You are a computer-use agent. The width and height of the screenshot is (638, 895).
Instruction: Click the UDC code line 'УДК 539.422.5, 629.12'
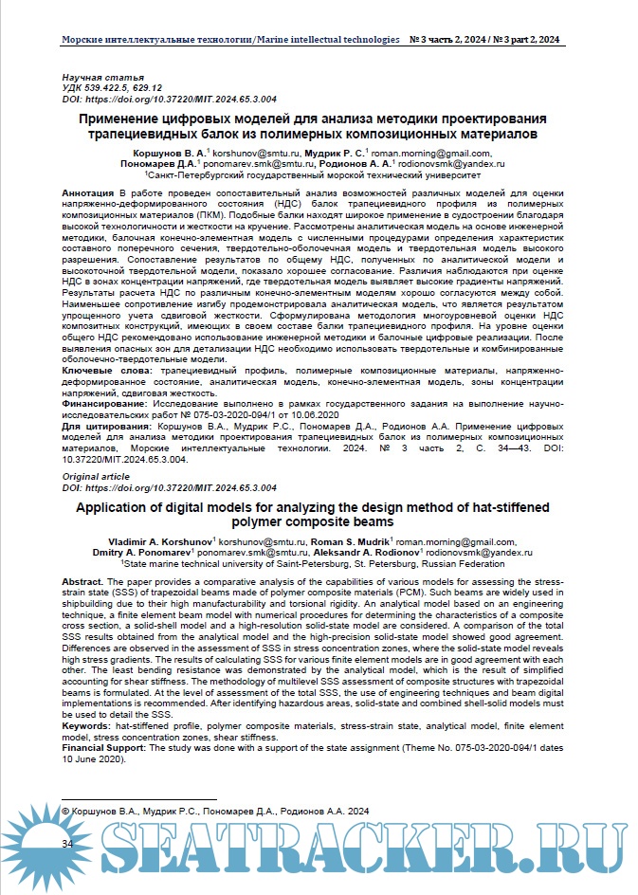coord(112,86)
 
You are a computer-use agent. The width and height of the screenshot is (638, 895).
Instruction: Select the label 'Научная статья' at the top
coord(102,76)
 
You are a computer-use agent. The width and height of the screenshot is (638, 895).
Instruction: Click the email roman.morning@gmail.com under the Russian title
coord(417,152)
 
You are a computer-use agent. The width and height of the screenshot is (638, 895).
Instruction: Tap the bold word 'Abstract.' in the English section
coord(88,578)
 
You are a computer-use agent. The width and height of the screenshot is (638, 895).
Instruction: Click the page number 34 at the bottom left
coord(67,843)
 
